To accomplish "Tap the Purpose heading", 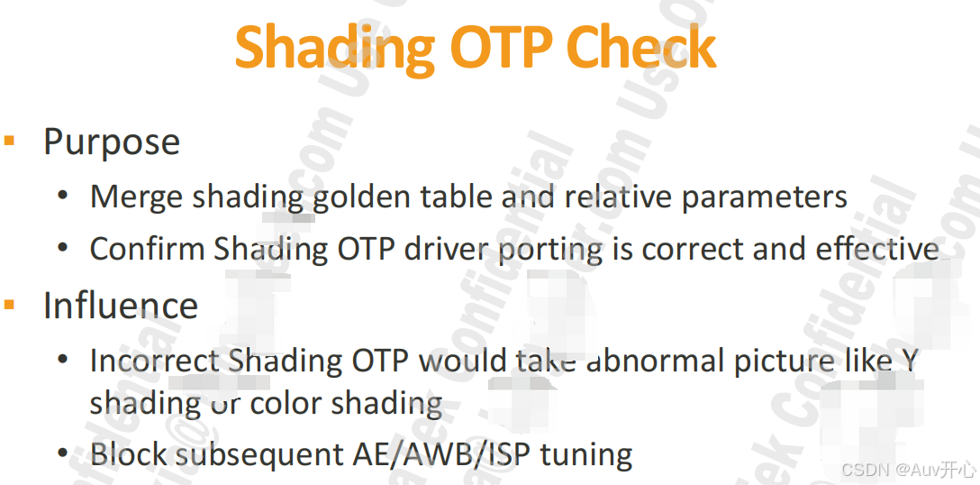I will tap(112, 142).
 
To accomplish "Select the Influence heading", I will tap(121, 306).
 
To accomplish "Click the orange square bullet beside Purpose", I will tap(10, 141).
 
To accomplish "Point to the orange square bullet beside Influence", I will tap(10, 305).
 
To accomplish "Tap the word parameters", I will tap(764, 197).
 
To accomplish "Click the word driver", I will tap(448, 249).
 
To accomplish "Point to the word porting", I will tap(550, 250).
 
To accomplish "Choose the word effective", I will tap(876, 249).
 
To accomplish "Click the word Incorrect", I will tap(155, 361).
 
